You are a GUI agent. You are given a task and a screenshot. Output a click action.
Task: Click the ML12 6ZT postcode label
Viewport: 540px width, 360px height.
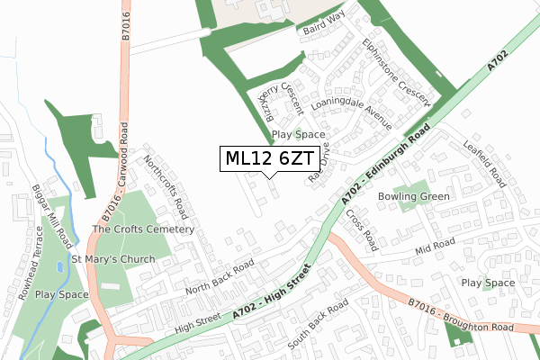269,158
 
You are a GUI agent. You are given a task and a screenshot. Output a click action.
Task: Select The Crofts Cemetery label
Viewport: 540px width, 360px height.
143,229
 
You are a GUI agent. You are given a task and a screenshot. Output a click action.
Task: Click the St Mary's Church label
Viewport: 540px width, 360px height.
113,259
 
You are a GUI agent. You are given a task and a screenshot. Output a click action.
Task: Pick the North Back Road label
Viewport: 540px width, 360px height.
220,278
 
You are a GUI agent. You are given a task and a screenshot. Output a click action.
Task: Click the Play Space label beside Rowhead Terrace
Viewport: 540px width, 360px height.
61,294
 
